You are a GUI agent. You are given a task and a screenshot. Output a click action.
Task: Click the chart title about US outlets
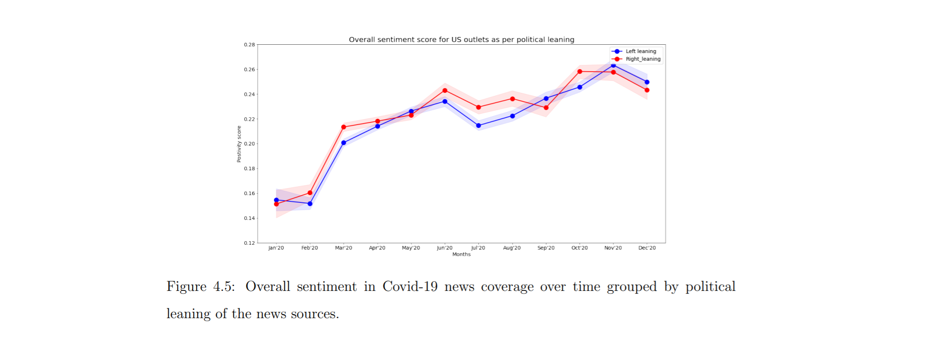click(x=461, y=39)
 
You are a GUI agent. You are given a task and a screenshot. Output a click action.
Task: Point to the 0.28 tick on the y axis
click(x=249, y=45)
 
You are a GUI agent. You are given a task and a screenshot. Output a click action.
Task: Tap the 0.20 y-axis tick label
click(x=249, y=144)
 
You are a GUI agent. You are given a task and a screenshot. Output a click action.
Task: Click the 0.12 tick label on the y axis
click(x=249, y=243)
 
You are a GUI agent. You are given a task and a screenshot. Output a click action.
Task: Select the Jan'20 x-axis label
click(x=276, y=248)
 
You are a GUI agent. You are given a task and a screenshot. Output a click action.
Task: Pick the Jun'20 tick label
click(x=445, y=248)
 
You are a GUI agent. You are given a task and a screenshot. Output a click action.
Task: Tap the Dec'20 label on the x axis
click(x=647, y=248)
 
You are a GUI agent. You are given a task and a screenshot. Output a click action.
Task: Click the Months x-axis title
click(x=461, y=254)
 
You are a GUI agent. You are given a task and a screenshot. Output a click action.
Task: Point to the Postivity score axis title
click(x=239, y=144)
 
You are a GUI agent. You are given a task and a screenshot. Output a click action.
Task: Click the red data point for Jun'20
click(x=445, y=90)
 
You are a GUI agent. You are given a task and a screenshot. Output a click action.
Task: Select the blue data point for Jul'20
click(x=478, y=126)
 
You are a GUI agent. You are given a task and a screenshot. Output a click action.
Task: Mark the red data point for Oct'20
click(x=579, y=72)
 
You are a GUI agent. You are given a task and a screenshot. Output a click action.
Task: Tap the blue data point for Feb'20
click(x=310, y=204)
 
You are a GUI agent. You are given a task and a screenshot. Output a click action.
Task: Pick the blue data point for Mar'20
click(x=343, y=143)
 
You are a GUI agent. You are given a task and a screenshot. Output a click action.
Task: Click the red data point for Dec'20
click(x=647, y=90)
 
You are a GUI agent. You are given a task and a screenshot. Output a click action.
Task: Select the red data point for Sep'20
click(x=546, y=108)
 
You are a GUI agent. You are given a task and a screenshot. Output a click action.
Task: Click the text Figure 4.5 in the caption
click(x=200, y=287)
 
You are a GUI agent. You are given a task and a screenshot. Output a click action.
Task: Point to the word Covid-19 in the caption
click(x=410, y=286)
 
